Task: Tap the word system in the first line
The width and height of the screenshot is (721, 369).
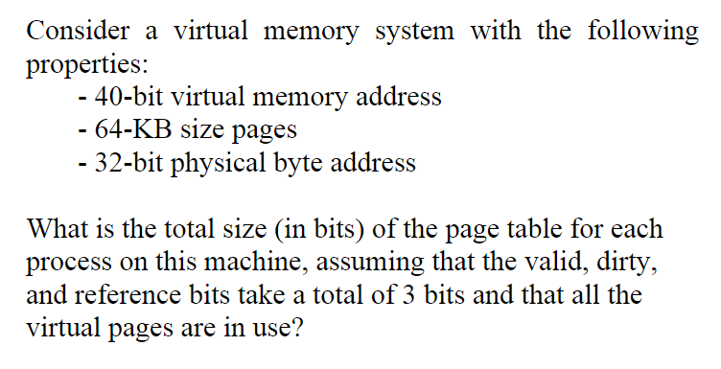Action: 412,31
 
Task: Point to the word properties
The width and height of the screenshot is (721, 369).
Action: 83,65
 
